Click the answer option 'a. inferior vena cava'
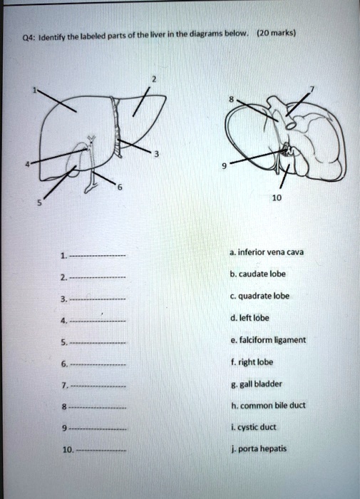[x=266, y=252]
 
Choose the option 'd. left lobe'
[x=252, y=318]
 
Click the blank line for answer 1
[x=97, y=256]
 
